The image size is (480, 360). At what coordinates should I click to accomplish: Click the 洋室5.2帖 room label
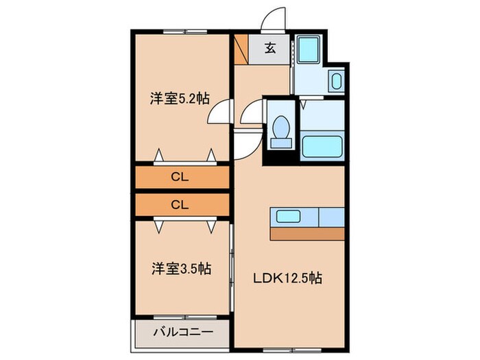(179, 99)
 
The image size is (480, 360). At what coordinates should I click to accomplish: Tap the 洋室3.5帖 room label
(179, 269)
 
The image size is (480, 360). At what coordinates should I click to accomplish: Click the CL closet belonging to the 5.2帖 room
(181, 178)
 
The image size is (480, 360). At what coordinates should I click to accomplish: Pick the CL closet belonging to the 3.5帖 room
(181, 204)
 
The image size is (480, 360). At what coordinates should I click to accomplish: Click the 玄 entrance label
(272, 48)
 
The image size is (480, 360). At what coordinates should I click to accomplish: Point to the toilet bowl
(280, 130)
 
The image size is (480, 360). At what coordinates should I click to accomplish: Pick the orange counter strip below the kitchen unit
(307, 234)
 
